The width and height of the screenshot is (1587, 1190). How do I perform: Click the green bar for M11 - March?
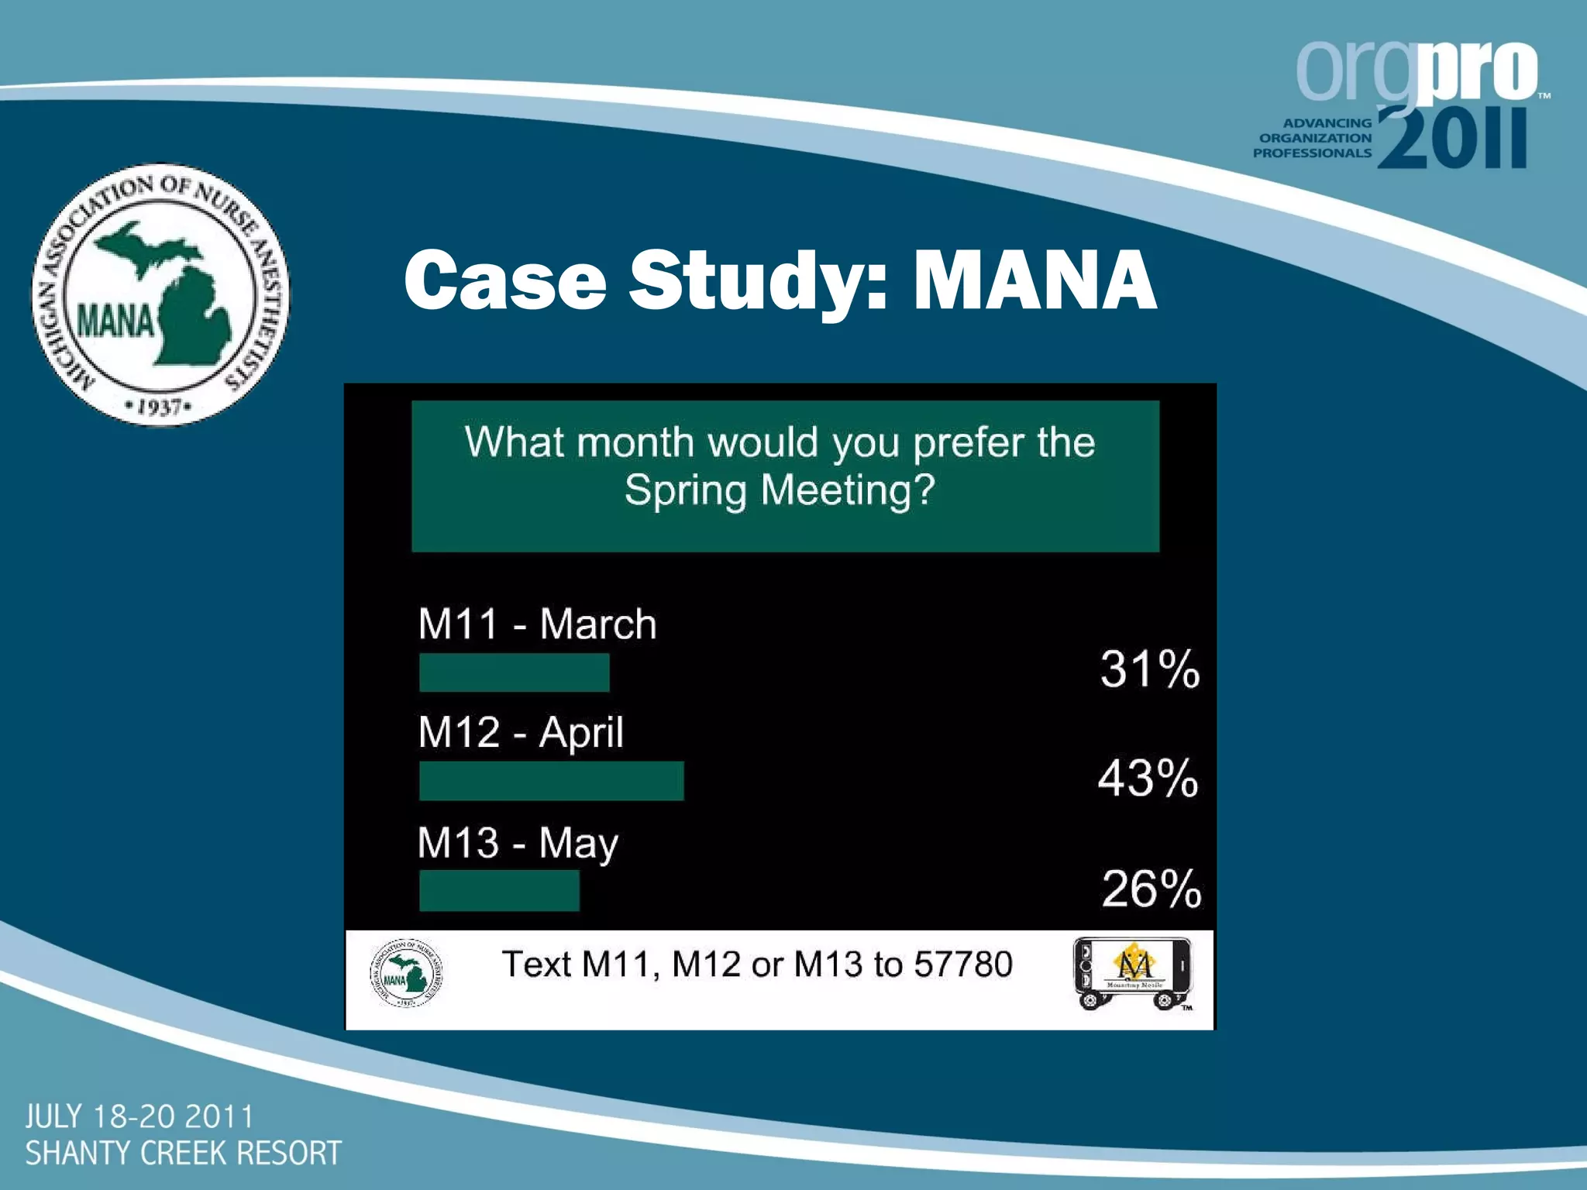coord(514,672)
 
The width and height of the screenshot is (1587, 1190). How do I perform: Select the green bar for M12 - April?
coord(551,780)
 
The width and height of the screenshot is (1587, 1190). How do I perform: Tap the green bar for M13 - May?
coord(499,890)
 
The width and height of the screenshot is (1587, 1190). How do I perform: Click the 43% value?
coord(1148,778)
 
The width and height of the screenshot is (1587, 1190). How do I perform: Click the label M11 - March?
coord(537,624)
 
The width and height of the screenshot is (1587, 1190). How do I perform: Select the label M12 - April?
coord(520,732)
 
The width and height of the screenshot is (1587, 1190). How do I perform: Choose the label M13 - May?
coord(518,843)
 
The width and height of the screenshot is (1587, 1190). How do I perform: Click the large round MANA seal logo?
coord(160,295)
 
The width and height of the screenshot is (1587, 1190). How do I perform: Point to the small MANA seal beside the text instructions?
coord(406,973)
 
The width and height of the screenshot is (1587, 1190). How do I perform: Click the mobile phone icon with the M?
coord(1133,973)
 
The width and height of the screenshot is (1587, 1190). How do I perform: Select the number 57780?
coord(962,964)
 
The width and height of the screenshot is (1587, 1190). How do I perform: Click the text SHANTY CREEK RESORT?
coord(183,1153)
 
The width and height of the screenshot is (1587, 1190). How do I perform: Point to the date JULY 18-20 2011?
coord(139,1116)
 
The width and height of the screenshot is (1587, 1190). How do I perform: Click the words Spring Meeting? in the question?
coord(780,490)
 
